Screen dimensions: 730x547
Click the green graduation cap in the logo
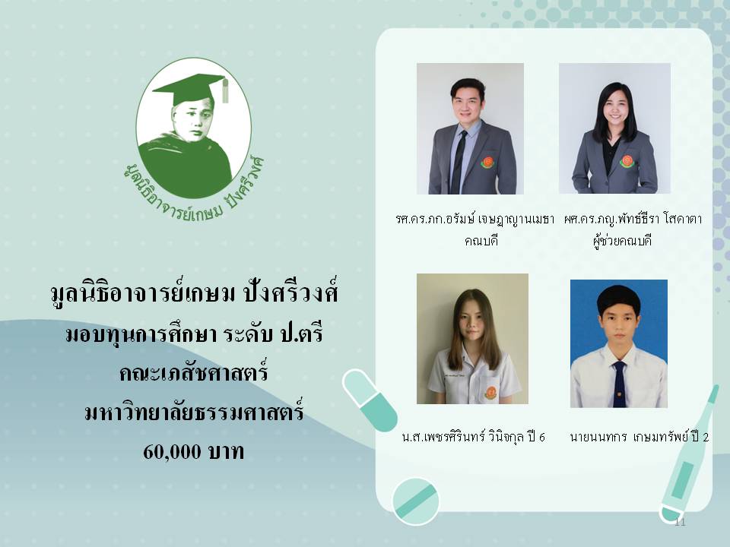(x=188, y=87)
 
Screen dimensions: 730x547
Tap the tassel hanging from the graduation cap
(x=225, y=90)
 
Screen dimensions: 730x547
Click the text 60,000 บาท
(x=194, y=451)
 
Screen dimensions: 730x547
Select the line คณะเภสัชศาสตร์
(x=194, y=372)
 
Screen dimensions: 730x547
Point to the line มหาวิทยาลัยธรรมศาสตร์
(x=194, y=411)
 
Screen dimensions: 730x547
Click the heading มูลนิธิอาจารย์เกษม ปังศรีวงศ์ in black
(x=194, y=292)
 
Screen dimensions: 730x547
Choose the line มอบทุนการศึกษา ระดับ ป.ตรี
(x=194, y=334)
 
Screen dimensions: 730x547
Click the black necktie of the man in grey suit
(x=459, y=162)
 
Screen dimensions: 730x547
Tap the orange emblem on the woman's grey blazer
(x=627, y=161)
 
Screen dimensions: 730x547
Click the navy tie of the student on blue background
(x=619, y=384)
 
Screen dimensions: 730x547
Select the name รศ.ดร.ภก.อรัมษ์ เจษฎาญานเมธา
(x=474, y=219)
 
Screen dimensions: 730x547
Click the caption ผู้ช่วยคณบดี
(x=622, y=241)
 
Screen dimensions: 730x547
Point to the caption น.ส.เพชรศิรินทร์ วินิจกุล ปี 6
(x=473, y=437)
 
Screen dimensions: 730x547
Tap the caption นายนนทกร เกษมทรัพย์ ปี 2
(x=640, y=437)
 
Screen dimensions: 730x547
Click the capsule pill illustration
(x=370, y=400)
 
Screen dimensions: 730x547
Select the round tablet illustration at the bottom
(x=415, y=501)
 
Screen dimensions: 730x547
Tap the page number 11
(x=680, y=522)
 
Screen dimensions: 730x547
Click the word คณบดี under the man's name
(x=481, y=241)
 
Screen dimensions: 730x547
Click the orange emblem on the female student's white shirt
(x=490, y=393)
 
